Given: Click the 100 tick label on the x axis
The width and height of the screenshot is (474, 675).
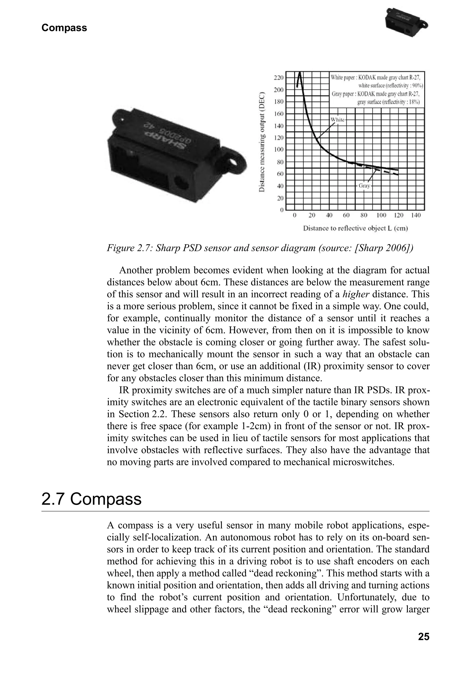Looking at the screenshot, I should [x=381, y=215].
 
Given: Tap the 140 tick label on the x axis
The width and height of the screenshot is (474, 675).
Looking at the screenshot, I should [x=416, y=215].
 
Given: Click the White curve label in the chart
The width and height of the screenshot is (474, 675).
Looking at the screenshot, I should [x=337, y=120].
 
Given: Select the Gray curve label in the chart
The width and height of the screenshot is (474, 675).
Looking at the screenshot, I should [x=364, y=186].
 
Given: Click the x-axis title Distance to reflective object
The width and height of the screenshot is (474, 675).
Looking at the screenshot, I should [x=355, y=228].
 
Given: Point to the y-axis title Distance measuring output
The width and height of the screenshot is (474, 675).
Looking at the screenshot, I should [x=262, y=143].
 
